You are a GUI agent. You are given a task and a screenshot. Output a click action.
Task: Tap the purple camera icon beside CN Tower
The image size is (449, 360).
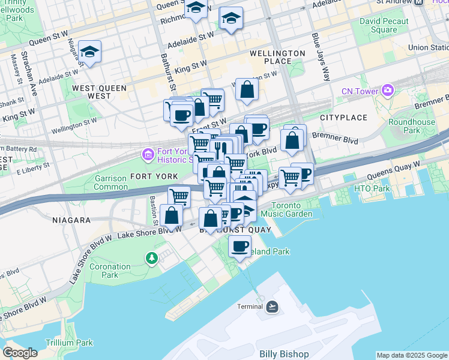point(388,91)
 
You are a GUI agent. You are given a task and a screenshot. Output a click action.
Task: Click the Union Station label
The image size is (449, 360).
point(427,47)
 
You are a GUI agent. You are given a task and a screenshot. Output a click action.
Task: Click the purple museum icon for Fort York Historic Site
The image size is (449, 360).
point(148,155)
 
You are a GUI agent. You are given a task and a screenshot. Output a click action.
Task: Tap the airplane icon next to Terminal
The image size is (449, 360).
point(273,307)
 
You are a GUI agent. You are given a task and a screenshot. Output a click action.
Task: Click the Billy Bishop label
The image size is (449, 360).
point(284,353)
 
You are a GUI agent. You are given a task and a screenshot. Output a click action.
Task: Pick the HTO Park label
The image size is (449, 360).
point(372,189)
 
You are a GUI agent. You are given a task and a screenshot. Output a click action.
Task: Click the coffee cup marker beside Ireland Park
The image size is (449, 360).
point(240,246)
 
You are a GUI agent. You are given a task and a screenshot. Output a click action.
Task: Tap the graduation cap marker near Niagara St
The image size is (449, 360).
point(89,53)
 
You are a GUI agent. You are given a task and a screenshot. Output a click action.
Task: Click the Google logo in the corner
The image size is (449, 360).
point(19,353)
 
